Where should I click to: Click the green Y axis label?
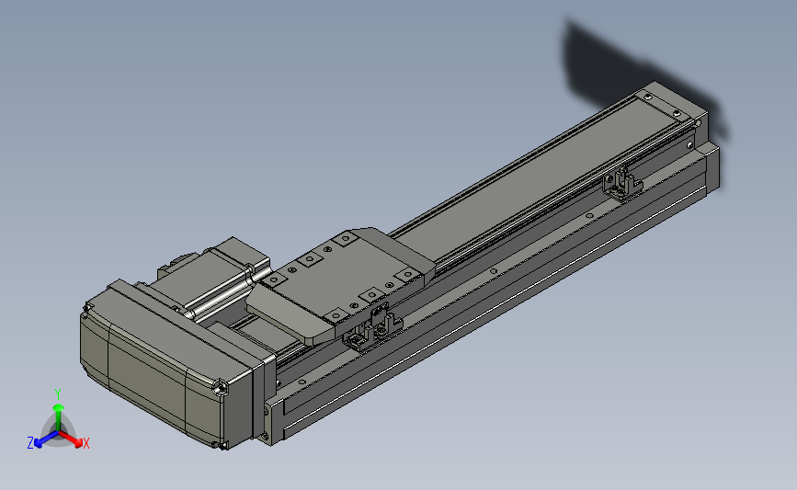coord(58,394)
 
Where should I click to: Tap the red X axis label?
coord(85,443)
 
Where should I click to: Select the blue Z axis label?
coord(30,443)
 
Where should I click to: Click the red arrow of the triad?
coord(71,439)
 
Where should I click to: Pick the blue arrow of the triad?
coord(46,439)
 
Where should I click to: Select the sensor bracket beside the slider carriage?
coord(372,328)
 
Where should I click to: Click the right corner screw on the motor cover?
coord(221,388)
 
